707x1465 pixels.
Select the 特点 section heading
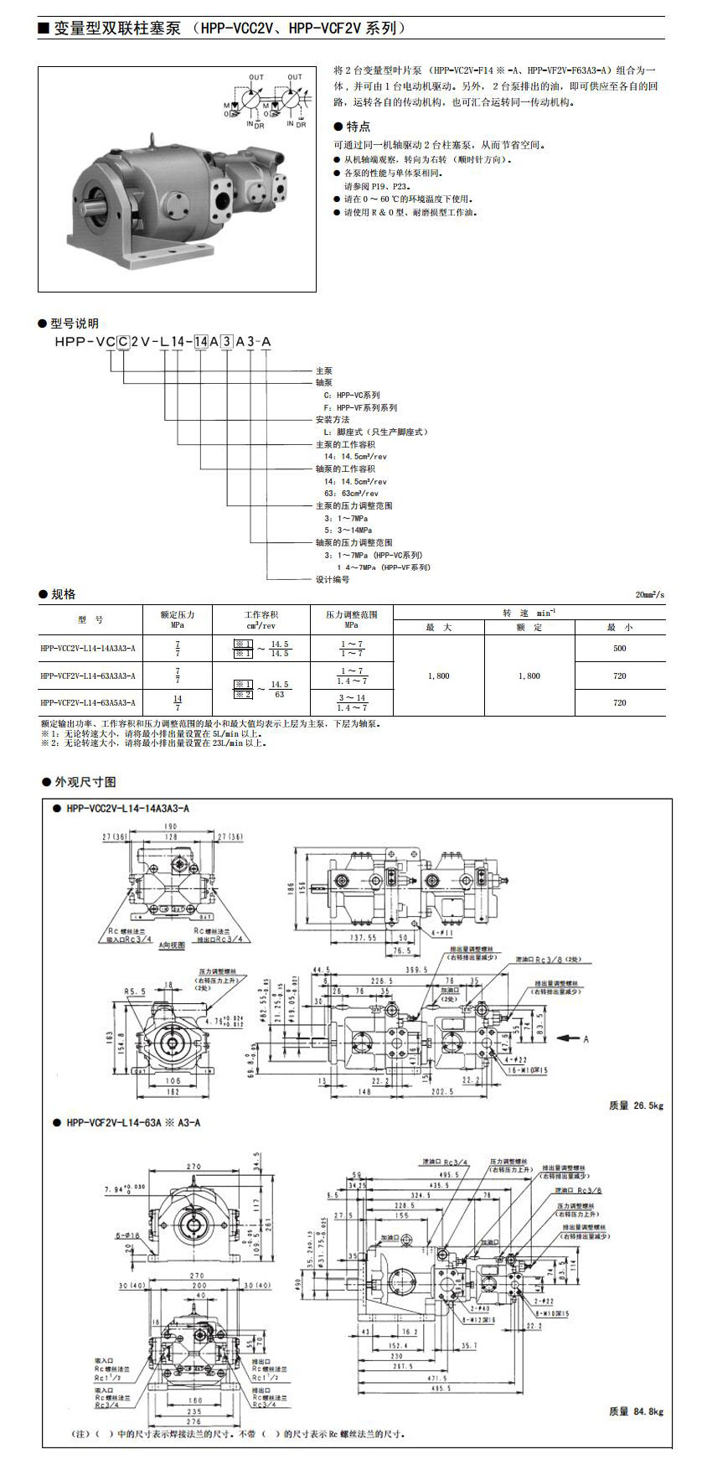(358, 127)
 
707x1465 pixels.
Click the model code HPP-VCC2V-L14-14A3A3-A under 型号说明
(163, 342)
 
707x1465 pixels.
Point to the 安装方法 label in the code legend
(333, 419)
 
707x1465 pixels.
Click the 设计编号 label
(333, 579)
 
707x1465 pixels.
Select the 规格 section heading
(63, 594)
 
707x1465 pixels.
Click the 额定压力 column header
(178, 619)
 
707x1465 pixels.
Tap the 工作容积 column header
(261, 619)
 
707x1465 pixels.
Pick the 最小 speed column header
(619, 627)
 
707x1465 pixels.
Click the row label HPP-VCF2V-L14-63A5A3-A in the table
(87, 702)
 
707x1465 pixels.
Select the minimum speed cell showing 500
(619, 648)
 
